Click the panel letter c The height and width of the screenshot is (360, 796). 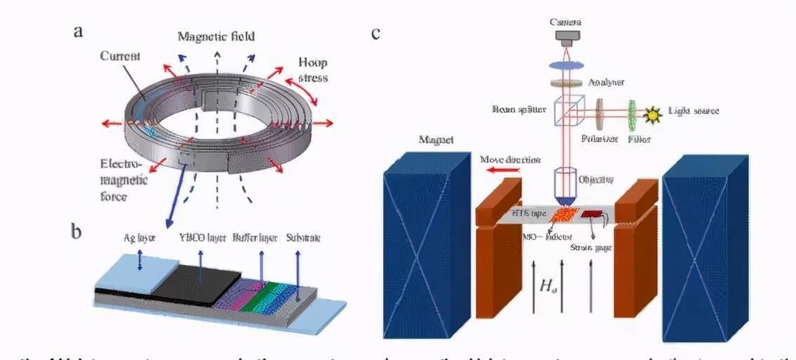[376, 32]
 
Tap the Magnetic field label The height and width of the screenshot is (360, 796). [216, 36]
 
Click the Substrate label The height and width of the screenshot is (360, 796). [304, 238]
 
